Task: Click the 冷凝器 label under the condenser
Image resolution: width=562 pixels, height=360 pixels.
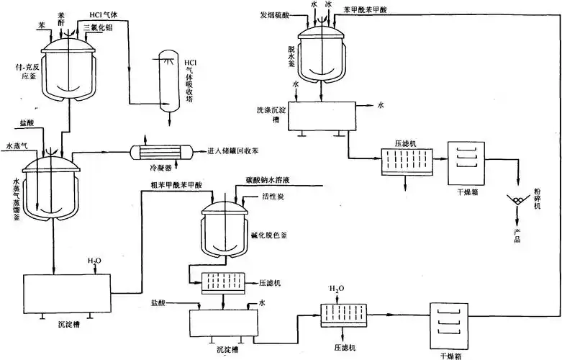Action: tap(160, 167)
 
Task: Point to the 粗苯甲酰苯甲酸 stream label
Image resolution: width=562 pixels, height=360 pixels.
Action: tap(176, 184)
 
